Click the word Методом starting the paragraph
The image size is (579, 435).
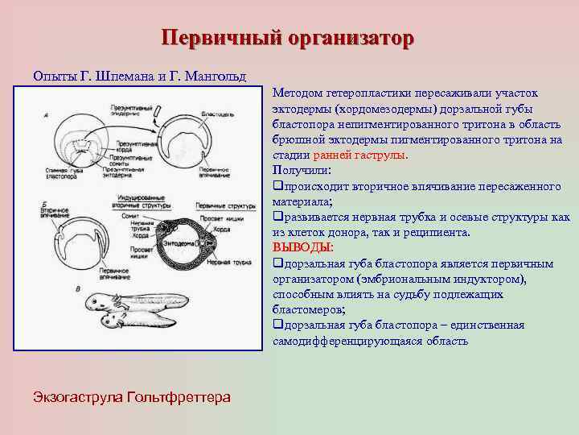coord(301,94)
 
